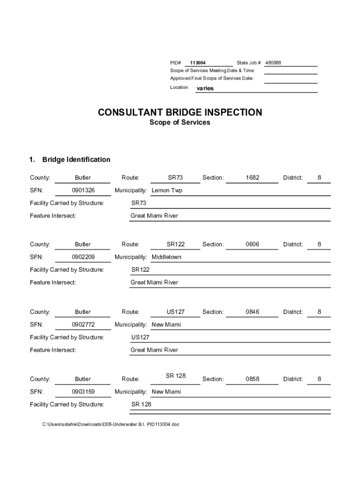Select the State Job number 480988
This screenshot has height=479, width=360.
(x=273, y=63)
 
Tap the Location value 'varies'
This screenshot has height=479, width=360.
(x=205, y=88)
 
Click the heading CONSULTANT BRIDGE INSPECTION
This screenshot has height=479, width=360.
(x=180, y=113)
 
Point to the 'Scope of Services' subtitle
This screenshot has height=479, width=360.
(x=180, y=123)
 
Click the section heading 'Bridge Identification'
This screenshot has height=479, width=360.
(x=76, y=160)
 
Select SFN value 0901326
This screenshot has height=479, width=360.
(x=83, y=190)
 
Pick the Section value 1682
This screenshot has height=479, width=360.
(x=252, y=178)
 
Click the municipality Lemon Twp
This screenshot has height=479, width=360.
(x=167, y=190)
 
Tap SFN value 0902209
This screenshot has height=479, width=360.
(x=83, y=257)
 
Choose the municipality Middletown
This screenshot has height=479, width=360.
(x=166, y=257)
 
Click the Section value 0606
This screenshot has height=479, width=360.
(x=252, y=245)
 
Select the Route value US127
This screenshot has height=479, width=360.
(x=175, y=312)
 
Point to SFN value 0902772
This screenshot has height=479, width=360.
(x=83, y=325)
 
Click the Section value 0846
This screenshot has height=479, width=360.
(x=252, y=312)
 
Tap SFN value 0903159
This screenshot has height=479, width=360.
(x=83, y=392)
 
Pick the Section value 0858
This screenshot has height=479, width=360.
(x=252, y=379)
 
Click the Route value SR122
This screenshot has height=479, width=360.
(x=175, y=245)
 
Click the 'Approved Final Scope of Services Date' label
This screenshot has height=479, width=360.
(x=212, y=79)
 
